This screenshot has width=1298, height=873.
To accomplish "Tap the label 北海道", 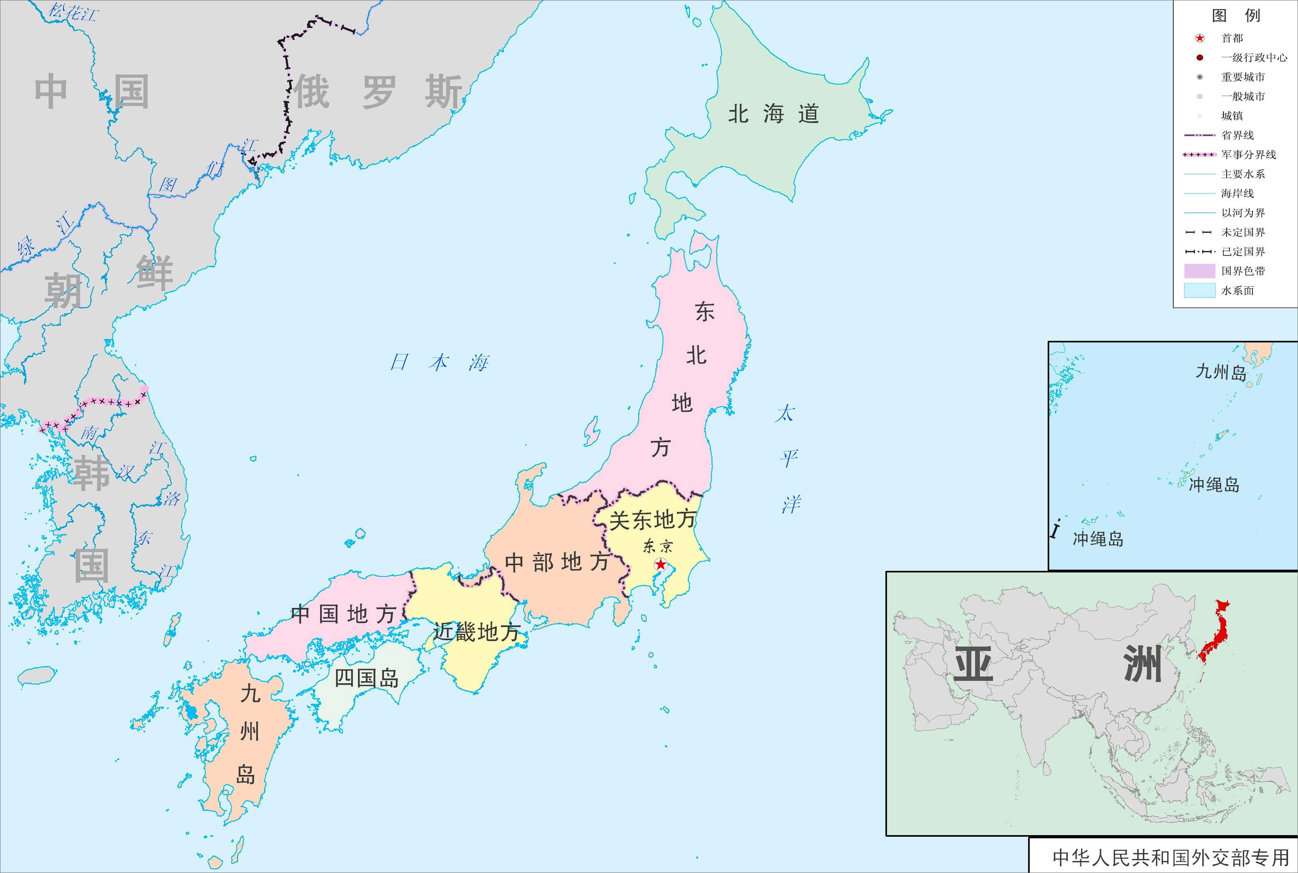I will pos(773,114).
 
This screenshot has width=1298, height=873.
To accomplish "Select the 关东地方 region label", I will pos(652,519).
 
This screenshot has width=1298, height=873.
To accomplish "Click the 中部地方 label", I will pos(556,562).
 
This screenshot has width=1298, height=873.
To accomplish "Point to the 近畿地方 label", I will pos(477,632).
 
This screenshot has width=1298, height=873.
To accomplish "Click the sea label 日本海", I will pos(439,362).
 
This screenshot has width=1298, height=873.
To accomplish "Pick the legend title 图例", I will pos(1236,16).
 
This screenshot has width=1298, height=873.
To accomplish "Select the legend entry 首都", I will pos(1232,38).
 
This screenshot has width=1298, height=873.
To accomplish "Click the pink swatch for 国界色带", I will pos(1199,271).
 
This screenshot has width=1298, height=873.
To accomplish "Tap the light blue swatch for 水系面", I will pos(1199,291).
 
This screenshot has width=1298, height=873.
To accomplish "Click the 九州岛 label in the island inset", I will pos(1221,372).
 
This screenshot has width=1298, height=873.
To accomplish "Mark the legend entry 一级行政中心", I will pos(1253,58).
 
